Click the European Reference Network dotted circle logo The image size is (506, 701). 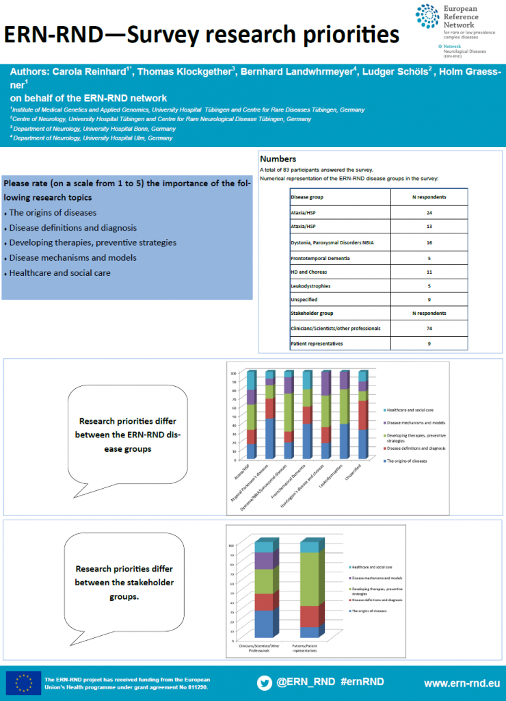click(428, 17)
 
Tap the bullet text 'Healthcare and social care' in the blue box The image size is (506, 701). click(59, 272)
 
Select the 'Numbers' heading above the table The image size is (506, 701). click(278, 158)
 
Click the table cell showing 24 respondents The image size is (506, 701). click(428, 214)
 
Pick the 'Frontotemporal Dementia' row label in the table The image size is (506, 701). click(320, 257)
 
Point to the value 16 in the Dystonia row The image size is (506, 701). click(428, 242)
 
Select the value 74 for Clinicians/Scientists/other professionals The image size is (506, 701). click(428, 329)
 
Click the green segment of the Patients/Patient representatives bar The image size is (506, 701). click(309, 579)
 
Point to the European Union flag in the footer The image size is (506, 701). click(23, 683)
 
